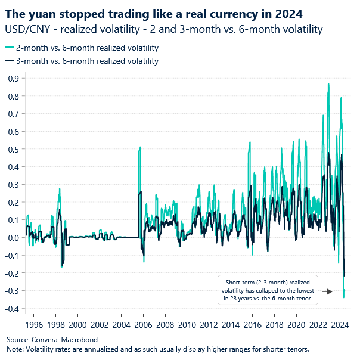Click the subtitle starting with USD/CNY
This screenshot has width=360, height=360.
click(163, 29)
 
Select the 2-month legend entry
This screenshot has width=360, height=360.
click(82, 48)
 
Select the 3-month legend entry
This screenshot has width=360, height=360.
click(82, 61)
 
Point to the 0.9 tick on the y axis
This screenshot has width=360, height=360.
click(12, 79)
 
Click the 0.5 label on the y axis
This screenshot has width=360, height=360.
click(12, 149)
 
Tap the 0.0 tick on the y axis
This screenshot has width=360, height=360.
click(12, 237)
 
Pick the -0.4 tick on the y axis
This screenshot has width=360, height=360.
click(11, 308)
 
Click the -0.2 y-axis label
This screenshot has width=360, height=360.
click(11, 273)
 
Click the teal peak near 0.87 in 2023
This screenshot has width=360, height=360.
click(328, 84)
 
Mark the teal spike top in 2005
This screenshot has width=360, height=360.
click(140, 147)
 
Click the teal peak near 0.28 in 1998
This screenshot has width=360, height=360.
click(59, 188)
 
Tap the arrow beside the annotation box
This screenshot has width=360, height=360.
click(327, 291)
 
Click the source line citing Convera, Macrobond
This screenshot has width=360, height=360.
click(49, 339)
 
